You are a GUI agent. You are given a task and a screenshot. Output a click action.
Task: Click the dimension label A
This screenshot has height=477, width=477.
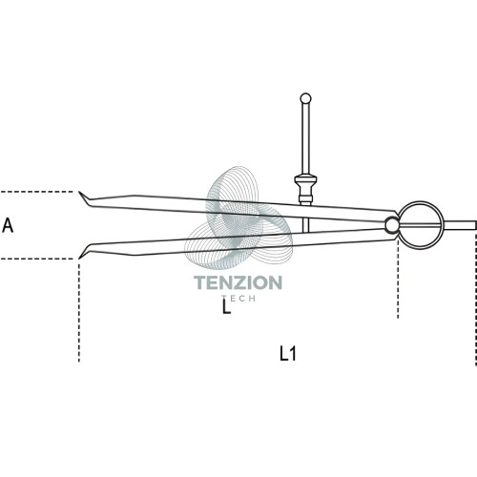pyautogui.click(x=8, y=225)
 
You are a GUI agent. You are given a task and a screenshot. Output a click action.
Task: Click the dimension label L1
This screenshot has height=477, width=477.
pyautogui.click(x=288, y=354)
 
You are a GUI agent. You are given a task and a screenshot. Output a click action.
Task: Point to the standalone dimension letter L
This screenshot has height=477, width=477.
pyautogui.click(x=226, y=306)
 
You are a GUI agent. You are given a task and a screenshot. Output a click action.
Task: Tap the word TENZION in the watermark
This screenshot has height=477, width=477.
pyautogui.click(x=238, y=282)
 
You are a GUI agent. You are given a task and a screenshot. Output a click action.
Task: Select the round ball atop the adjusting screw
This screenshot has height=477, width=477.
pyautogui.click(x=305, y=98)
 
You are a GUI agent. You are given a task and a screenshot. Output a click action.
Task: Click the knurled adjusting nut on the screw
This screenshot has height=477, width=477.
pyautogui.click(x=305, y=188)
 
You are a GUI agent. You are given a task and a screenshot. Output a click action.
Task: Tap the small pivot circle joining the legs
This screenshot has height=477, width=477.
pyautogui.click(x=392, y=225)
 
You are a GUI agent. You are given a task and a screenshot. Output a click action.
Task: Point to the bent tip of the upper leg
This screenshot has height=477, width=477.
pyautogui.click(x=83, y=197)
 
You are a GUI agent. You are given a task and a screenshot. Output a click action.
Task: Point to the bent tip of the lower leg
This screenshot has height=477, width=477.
pyautogui.click(x=83, y=253)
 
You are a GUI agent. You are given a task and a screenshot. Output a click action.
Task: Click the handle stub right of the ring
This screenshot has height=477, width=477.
pyautogui.click(x=460, y=225)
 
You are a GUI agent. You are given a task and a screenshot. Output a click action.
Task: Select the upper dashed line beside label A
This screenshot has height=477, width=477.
pyautogui.click(x=37, y=192)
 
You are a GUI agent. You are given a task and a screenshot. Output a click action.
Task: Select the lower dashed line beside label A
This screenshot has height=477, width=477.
pyautogui.click(x=37, y=259)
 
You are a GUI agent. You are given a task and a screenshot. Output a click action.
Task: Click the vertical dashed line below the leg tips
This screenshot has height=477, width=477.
pyautogui.click(x=79, y=311)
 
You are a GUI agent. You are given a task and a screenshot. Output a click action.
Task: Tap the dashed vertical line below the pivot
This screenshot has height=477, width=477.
pyautogui.click(x=398, y=278)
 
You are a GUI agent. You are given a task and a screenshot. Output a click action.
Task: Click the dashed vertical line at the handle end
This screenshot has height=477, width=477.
pyautogui.click(x=476, y=298)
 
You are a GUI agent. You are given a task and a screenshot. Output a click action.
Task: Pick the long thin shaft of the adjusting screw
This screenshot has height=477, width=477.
pyautogui.click(x=305, y=139)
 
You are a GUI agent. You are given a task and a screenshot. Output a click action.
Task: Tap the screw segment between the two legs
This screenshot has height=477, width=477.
pyautogui.click(x=305, y=225)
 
